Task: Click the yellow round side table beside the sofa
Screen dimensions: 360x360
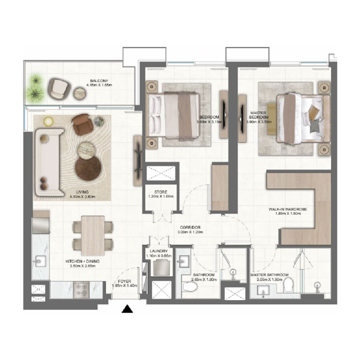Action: click(x=48, y=120)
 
